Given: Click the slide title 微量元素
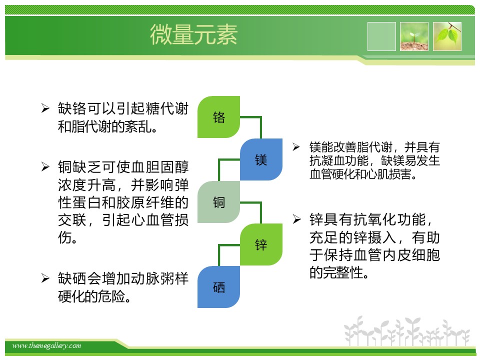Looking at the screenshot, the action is [193, 34].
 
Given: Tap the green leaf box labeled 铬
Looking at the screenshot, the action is [218, 117].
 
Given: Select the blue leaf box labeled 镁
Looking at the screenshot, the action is [261, 159].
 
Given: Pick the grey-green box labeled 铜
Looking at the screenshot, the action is [218, 202].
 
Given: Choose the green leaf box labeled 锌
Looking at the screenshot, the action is [261, 244].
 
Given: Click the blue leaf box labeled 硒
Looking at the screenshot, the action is [218, 287].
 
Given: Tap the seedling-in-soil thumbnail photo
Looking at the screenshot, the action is [414, 36].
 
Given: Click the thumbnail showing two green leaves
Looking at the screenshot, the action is [447, 36].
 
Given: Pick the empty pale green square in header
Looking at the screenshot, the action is [381, 36].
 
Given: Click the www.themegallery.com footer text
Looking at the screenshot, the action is [46, 345].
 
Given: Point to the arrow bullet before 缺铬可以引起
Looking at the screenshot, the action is [45, 108].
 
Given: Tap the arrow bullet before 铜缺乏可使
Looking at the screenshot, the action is [45, 166].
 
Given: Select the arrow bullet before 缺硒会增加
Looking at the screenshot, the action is [45, 278].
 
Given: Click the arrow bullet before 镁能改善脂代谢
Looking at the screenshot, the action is [296, 147].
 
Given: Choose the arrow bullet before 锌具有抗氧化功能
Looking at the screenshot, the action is [296, 219].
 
